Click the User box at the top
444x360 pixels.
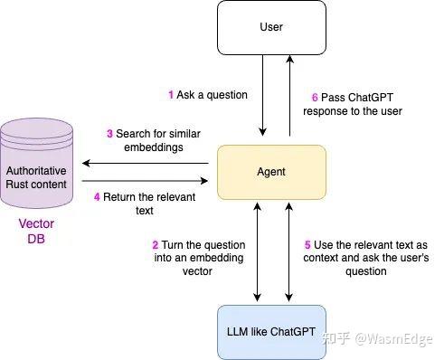[x=271, y=27]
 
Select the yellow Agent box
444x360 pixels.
[x=271, y=170]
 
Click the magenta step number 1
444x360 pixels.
[x=171, y=95]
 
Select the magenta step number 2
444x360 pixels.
[x=156, y=245]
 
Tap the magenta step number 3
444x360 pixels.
[x=109, y=134]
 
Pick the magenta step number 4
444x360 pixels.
[x=97, y=197]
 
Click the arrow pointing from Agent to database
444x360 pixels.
[x=145, y=164]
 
